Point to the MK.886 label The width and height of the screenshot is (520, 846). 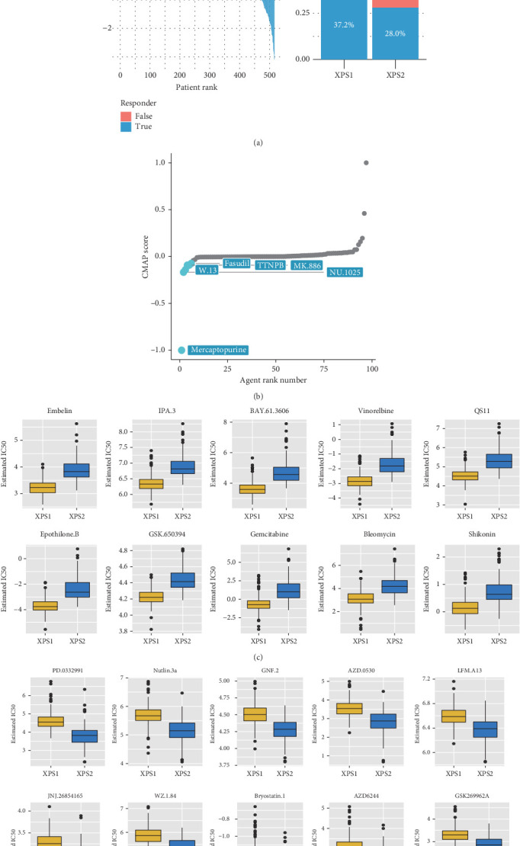[x=310, y=264]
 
